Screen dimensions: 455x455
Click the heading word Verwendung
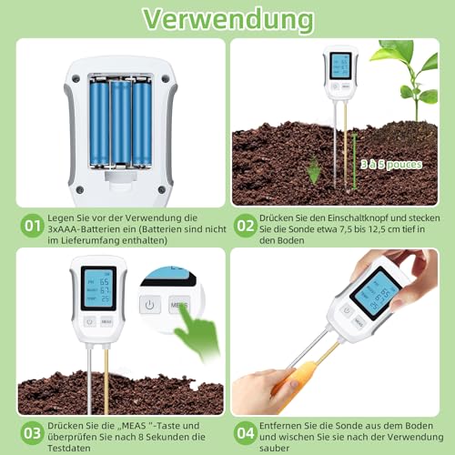coord(227,18)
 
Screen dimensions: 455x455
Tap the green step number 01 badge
coord(33,224)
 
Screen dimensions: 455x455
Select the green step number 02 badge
coord(246,224)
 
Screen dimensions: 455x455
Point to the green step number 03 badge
coord(33,431)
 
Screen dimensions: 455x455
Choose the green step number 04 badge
coord(246,431)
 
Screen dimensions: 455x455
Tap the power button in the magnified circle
coord(151,304)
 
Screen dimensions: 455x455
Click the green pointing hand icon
coord(196,333)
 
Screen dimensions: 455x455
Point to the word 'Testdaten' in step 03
coord(73,446)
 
